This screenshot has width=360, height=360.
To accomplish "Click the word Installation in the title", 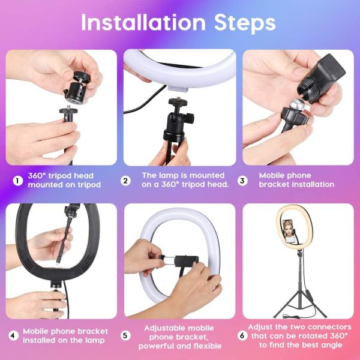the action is coord(143,22).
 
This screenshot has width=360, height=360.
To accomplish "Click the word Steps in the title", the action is coord(245,23).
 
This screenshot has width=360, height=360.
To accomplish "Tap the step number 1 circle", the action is coord(17,181).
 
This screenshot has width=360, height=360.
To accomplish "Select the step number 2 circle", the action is coord(125,181).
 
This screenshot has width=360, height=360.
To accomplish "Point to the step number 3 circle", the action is coord(242,181).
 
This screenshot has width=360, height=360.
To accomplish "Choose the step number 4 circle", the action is coord(13,336).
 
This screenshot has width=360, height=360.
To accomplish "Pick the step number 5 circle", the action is coord(125,336).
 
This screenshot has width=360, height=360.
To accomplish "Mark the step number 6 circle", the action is coord(242,336).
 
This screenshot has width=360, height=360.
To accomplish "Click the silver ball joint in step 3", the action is coord(296,106).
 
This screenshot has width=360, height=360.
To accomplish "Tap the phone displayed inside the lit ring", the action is coord(287,231).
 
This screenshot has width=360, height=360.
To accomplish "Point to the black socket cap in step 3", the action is coord(321,77).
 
